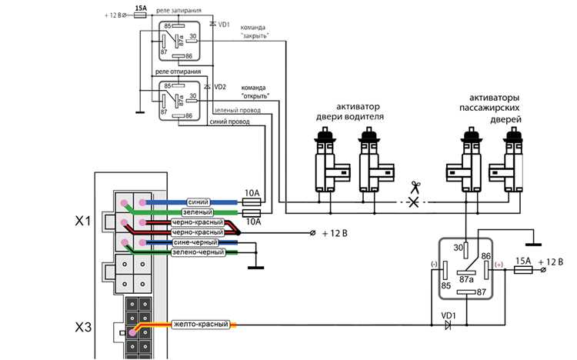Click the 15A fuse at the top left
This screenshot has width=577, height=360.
coord(140,15)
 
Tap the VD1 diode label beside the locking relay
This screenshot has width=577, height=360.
coord(224,25)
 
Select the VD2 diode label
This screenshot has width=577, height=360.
coord(220,87)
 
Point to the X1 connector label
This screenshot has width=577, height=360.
coord(83,222)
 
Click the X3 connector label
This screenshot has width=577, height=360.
coord(83,327)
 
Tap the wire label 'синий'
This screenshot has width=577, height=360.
coord(198,202)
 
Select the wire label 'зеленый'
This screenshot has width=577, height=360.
coord(198,212)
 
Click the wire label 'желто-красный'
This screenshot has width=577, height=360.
coord(201,325)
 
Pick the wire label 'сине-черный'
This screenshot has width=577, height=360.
coord(195,242)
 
